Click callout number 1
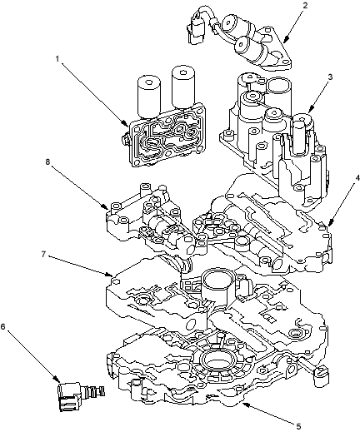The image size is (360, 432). pyautogui.click(x=57, y=58)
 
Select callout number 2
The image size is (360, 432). pyautogui.click(x=305, y=5)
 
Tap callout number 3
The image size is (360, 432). pyautogui.click(x=330, y=77)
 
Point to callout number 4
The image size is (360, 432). pyautogui.click(x=351, y=177)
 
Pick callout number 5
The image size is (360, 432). pyautogui.click(x=298, y=426)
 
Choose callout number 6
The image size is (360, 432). pyautogui.click(x=2, y=326)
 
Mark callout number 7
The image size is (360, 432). pyautogui.click(x=43, y=254)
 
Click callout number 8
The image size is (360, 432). pyautogui.click(x=47, y=161)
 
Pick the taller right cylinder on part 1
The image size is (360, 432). pyautogui.click(x=182, y=87)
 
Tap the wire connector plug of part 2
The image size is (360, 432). pyautogui.click(x=196, y=31)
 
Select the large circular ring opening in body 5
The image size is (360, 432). pyautogui.click(x=217, y=360)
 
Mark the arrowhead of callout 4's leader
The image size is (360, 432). pyautogui.click(x=329, y=223)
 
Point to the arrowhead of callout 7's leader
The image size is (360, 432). pyautogui.click(x=110, y=275)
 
